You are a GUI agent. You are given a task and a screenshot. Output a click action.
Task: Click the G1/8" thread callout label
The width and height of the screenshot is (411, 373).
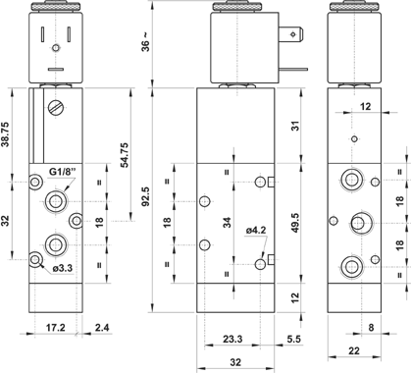coord(63,172)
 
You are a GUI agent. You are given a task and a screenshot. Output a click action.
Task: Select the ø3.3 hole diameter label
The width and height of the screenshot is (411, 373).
coord(63,269)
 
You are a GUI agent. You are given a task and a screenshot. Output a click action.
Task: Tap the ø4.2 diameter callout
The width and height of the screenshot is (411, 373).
coord(256,231)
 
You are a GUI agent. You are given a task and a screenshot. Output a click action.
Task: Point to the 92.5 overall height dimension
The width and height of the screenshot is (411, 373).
coord(146,196)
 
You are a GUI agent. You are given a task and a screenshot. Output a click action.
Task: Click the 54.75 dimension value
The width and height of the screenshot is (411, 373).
coord(125,155)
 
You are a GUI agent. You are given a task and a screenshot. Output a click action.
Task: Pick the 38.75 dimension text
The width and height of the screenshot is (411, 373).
coord(6,134)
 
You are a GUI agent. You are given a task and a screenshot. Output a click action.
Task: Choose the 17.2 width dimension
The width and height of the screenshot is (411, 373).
coord(56,327)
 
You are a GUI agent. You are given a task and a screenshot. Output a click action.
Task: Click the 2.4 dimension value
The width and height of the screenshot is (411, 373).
coord(102,327)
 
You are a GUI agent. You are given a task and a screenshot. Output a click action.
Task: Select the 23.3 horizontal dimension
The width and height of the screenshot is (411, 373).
coord(232,339)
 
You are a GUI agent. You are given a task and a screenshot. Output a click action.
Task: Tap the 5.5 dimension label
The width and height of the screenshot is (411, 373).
coord(294,339)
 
